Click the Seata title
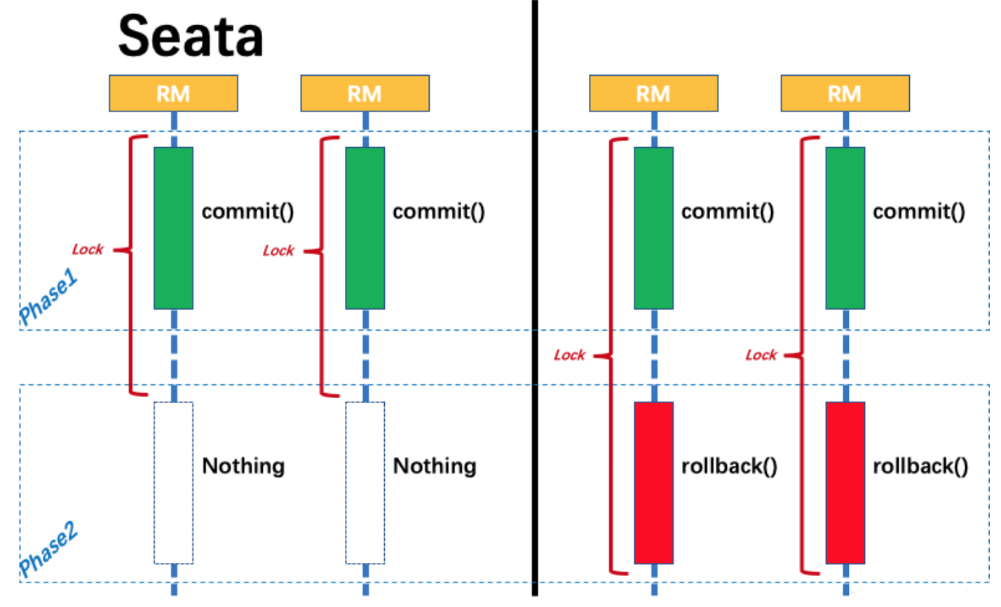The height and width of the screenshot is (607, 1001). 191,36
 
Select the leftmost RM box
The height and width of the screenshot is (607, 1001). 173,93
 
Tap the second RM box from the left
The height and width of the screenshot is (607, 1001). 365,93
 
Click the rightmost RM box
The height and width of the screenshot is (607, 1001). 845,93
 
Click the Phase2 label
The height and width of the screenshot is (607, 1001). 48,549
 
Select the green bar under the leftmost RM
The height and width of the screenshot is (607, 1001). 173,228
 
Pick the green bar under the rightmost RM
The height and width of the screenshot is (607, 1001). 845,228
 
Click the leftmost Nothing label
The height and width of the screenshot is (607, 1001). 243,466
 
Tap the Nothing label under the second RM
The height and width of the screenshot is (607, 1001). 435,466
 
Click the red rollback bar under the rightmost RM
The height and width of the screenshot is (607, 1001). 845,483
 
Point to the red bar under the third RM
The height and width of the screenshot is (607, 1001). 654,483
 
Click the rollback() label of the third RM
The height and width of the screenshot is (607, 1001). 729,467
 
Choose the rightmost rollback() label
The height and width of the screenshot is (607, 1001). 920,467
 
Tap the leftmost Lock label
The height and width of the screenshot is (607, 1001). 88,250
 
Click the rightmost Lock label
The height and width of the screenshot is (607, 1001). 761,355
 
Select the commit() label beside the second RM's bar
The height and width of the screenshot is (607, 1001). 439,212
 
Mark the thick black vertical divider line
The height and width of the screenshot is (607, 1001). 535,298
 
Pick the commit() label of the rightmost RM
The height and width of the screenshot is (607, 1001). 919,212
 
